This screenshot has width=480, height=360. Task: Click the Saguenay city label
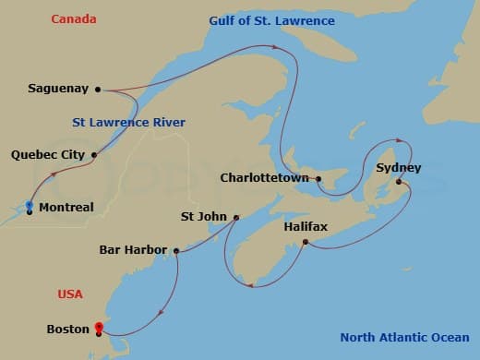pos(58,89)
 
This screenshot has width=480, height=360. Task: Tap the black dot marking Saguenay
pos(97,90)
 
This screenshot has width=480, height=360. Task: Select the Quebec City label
pos(48,155)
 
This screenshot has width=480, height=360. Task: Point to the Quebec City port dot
pos(93,155)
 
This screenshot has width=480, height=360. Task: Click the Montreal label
pos(66,208)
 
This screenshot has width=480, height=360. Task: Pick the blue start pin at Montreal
pos(30,205)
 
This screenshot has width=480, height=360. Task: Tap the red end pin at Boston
pos(99,327)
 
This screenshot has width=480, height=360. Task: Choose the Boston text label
pos(68,328)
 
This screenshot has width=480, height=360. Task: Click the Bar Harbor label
pos(133,249)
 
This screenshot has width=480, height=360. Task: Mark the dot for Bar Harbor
pos(174,249)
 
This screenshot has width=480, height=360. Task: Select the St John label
pos(204,218)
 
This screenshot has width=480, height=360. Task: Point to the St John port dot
pos(236,218)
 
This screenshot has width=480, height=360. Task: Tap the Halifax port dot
pos(305,243)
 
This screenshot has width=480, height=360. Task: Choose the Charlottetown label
pos(265,177)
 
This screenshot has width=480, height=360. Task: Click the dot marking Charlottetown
pos(318,179)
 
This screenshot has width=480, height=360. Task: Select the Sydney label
pos(399,168)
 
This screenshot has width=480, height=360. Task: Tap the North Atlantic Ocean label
pos(403,337)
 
